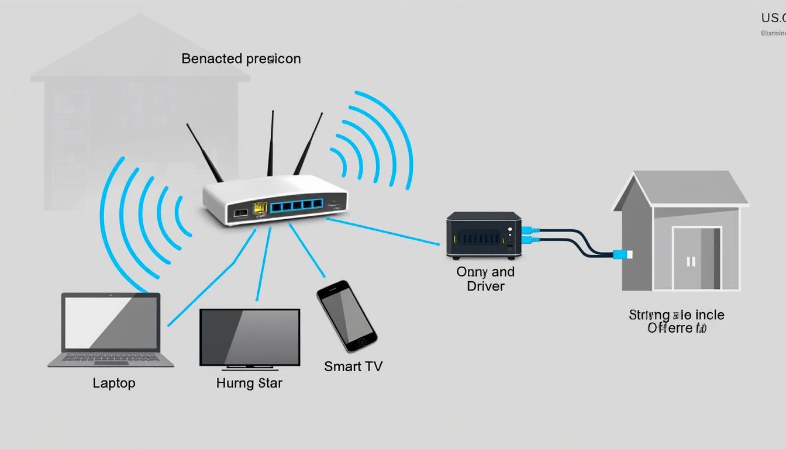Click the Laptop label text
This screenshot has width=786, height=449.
(x=114, y=383)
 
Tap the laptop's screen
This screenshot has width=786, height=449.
(x=111, y=323)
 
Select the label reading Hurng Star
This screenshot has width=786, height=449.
(x=249, y=384)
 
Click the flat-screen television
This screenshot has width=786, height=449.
(x=250, y=337)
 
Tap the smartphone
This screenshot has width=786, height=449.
(x=346, y=316)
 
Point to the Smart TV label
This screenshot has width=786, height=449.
(x=353, y=367)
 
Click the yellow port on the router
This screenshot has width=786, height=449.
(x=260, y=208)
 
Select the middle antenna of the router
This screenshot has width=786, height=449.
(x=271, y=143)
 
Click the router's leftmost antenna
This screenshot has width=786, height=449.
(x=205, y=152)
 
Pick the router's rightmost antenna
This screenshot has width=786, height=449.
(x=308, y=143)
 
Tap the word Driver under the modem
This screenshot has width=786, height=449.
(x=485, y=286)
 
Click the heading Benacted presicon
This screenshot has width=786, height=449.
(x=241, y=59)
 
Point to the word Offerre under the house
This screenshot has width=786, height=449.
(x=670, y=328)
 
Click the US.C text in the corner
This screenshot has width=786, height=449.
(x=773, y=18)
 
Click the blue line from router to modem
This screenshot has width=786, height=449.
(x=383, y=231)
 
